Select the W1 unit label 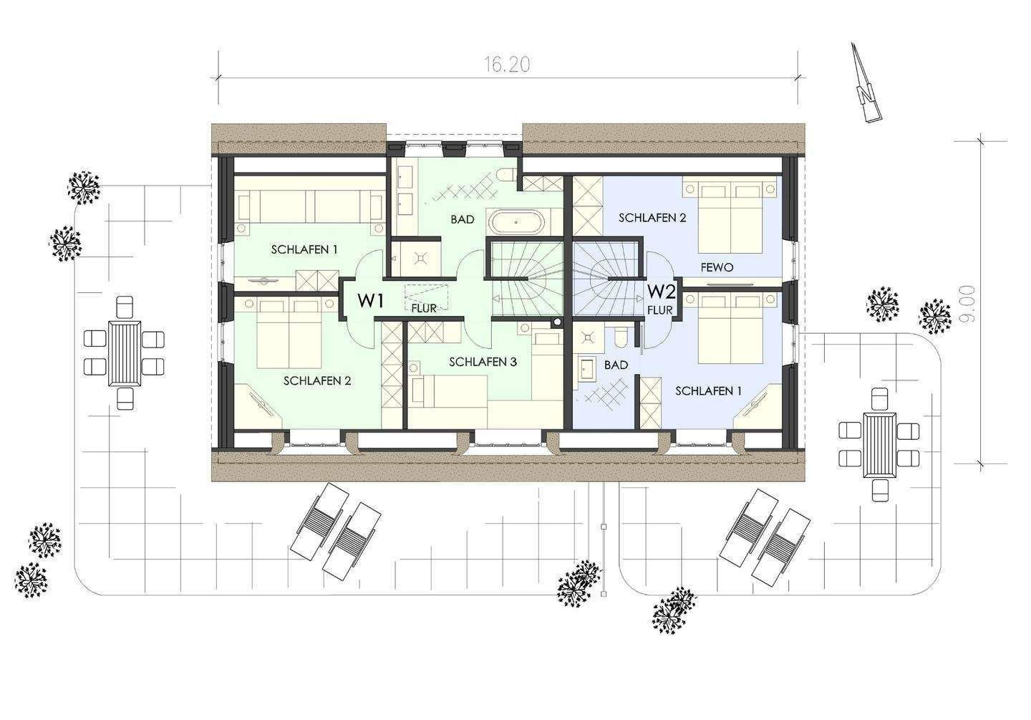(370, 302)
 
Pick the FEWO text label (717, 267)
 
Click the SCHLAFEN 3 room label (483, 363)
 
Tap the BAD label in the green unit (462, 219)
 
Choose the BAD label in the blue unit (616, 365)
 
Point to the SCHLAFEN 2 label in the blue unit (652, 218)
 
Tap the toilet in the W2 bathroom (620, 337)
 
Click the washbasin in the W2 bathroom (587, 368)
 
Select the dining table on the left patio (125, 352)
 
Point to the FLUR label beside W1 (425, 309)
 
